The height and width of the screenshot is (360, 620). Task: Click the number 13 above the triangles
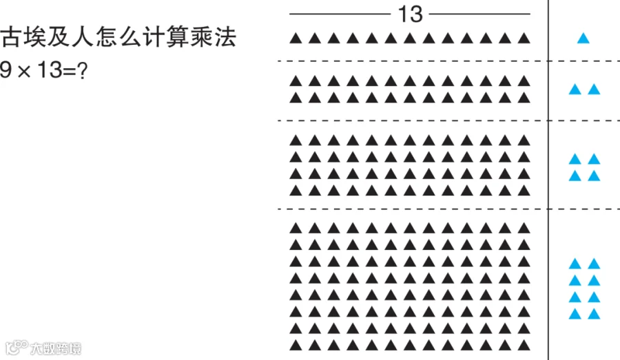pyautogui.click(x=411, y=13)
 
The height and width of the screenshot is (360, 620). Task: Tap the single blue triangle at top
pyautogui.click(x=583, y=39)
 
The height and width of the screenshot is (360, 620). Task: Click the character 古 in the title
pyautogui.click(x=12, y=37)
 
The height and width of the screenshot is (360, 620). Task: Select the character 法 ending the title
pyautogui.click(x=226, y=37)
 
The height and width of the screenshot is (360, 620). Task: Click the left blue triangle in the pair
pyautogui.click(x=575, y=89)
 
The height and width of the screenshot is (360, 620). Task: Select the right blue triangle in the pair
pyautogui.click(x=594, y=89)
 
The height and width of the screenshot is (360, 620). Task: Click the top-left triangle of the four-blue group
pyautogui.click(x=575, y=159)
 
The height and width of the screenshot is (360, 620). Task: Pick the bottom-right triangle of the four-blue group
pyautogui.click(x=594, y=176)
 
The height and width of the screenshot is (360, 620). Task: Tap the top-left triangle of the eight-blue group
pyautogui.click(x=575, y=264)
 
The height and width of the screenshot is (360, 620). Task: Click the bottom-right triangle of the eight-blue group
pyautogui.click(x=594, y=315)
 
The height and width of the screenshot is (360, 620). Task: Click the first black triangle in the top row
pyautogui.click(x=296, y=39)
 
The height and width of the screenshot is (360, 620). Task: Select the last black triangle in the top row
pyautogui.click(x=524, y=39)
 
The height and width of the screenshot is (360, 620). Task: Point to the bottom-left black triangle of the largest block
pyautogui.click(x=296, y=344)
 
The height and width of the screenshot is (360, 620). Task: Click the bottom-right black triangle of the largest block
pyautogui.click(x=524, y=344)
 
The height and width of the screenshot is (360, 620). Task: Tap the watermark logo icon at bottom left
pyautogui.click(x=14, y=348)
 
